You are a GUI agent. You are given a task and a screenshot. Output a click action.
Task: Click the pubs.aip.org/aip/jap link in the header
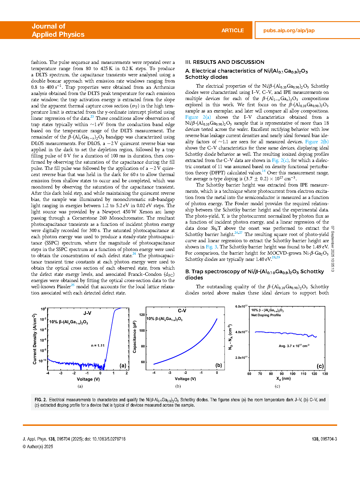coord(289,31)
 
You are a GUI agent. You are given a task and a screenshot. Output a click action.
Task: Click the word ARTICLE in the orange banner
coord(232,31)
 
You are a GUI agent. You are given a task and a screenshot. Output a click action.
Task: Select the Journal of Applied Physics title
coord(58,30)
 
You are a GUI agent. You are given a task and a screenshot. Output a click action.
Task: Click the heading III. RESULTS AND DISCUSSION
coord(225,62)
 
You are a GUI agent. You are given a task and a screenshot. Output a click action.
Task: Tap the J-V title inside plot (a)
coord(87,313)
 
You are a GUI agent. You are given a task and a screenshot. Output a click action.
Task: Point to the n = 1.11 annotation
coord(98,345)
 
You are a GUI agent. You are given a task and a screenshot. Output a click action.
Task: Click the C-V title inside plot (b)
coord(182,311)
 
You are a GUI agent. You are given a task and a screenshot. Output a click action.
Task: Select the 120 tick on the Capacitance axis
coord(142,315)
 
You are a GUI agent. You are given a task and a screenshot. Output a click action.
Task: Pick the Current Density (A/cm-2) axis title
coord(35,339)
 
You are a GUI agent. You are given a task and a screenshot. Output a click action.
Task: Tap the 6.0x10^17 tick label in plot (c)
coord(241,306)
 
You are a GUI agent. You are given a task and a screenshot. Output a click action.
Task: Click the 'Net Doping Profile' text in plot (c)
coord(266,315)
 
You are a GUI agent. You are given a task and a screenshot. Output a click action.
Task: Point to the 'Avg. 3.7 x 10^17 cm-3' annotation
coord(294,346)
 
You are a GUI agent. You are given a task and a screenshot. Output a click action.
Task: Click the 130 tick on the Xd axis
coord(325,374)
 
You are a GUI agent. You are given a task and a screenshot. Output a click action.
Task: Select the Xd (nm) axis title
coord(283,379)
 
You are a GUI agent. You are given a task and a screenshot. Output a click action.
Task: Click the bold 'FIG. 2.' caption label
coord(41,400)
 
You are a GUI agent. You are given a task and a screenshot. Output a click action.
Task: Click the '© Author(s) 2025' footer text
coord(38,447)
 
